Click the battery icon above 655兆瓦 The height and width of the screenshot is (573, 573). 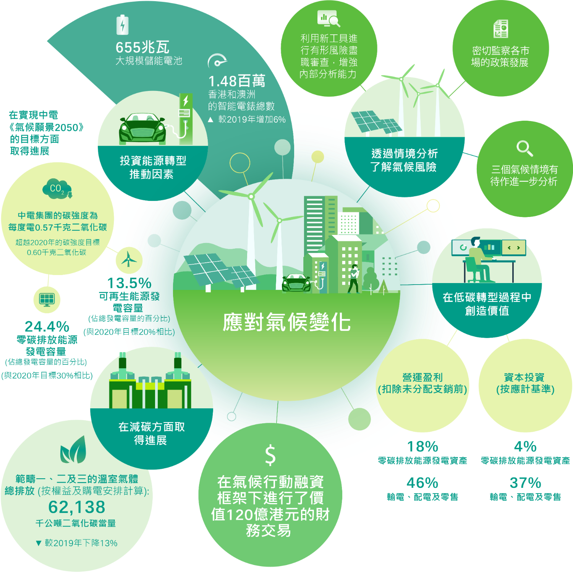click(122, 25)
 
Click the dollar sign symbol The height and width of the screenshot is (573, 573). click(270, 455)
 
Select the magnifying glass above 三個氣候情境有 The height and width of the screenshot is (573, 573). click(524, 148)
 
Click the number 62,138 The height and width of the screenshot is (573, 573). click(77, 507)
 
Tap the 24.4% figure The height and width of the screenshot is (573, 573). click(47, 327)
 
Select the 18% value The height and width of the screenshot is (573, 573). click(422, 447)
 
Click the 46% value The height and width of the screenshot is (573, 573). click(422, 483)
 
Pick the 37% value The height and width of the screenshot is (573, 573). click(526, 483)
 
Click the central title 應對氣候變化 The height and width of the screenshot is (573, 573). click(286, 322)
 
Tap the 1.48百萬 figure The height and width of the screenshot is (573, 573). click(236, 81)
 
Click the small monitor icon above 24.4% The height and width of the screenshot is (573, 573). click(47, 299)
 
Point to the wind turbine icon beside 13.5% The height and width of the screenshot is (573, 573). click(129, 260)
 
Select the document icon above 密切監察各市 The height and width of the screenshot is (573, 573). click(501, 29)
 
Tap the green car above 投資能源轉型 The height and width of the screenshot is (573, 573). click(142, 128)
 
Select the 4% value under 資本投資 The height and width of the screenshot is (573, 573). click(525, 447)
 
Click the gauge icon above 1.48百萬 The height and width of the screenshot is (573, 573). click(217, 61)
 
